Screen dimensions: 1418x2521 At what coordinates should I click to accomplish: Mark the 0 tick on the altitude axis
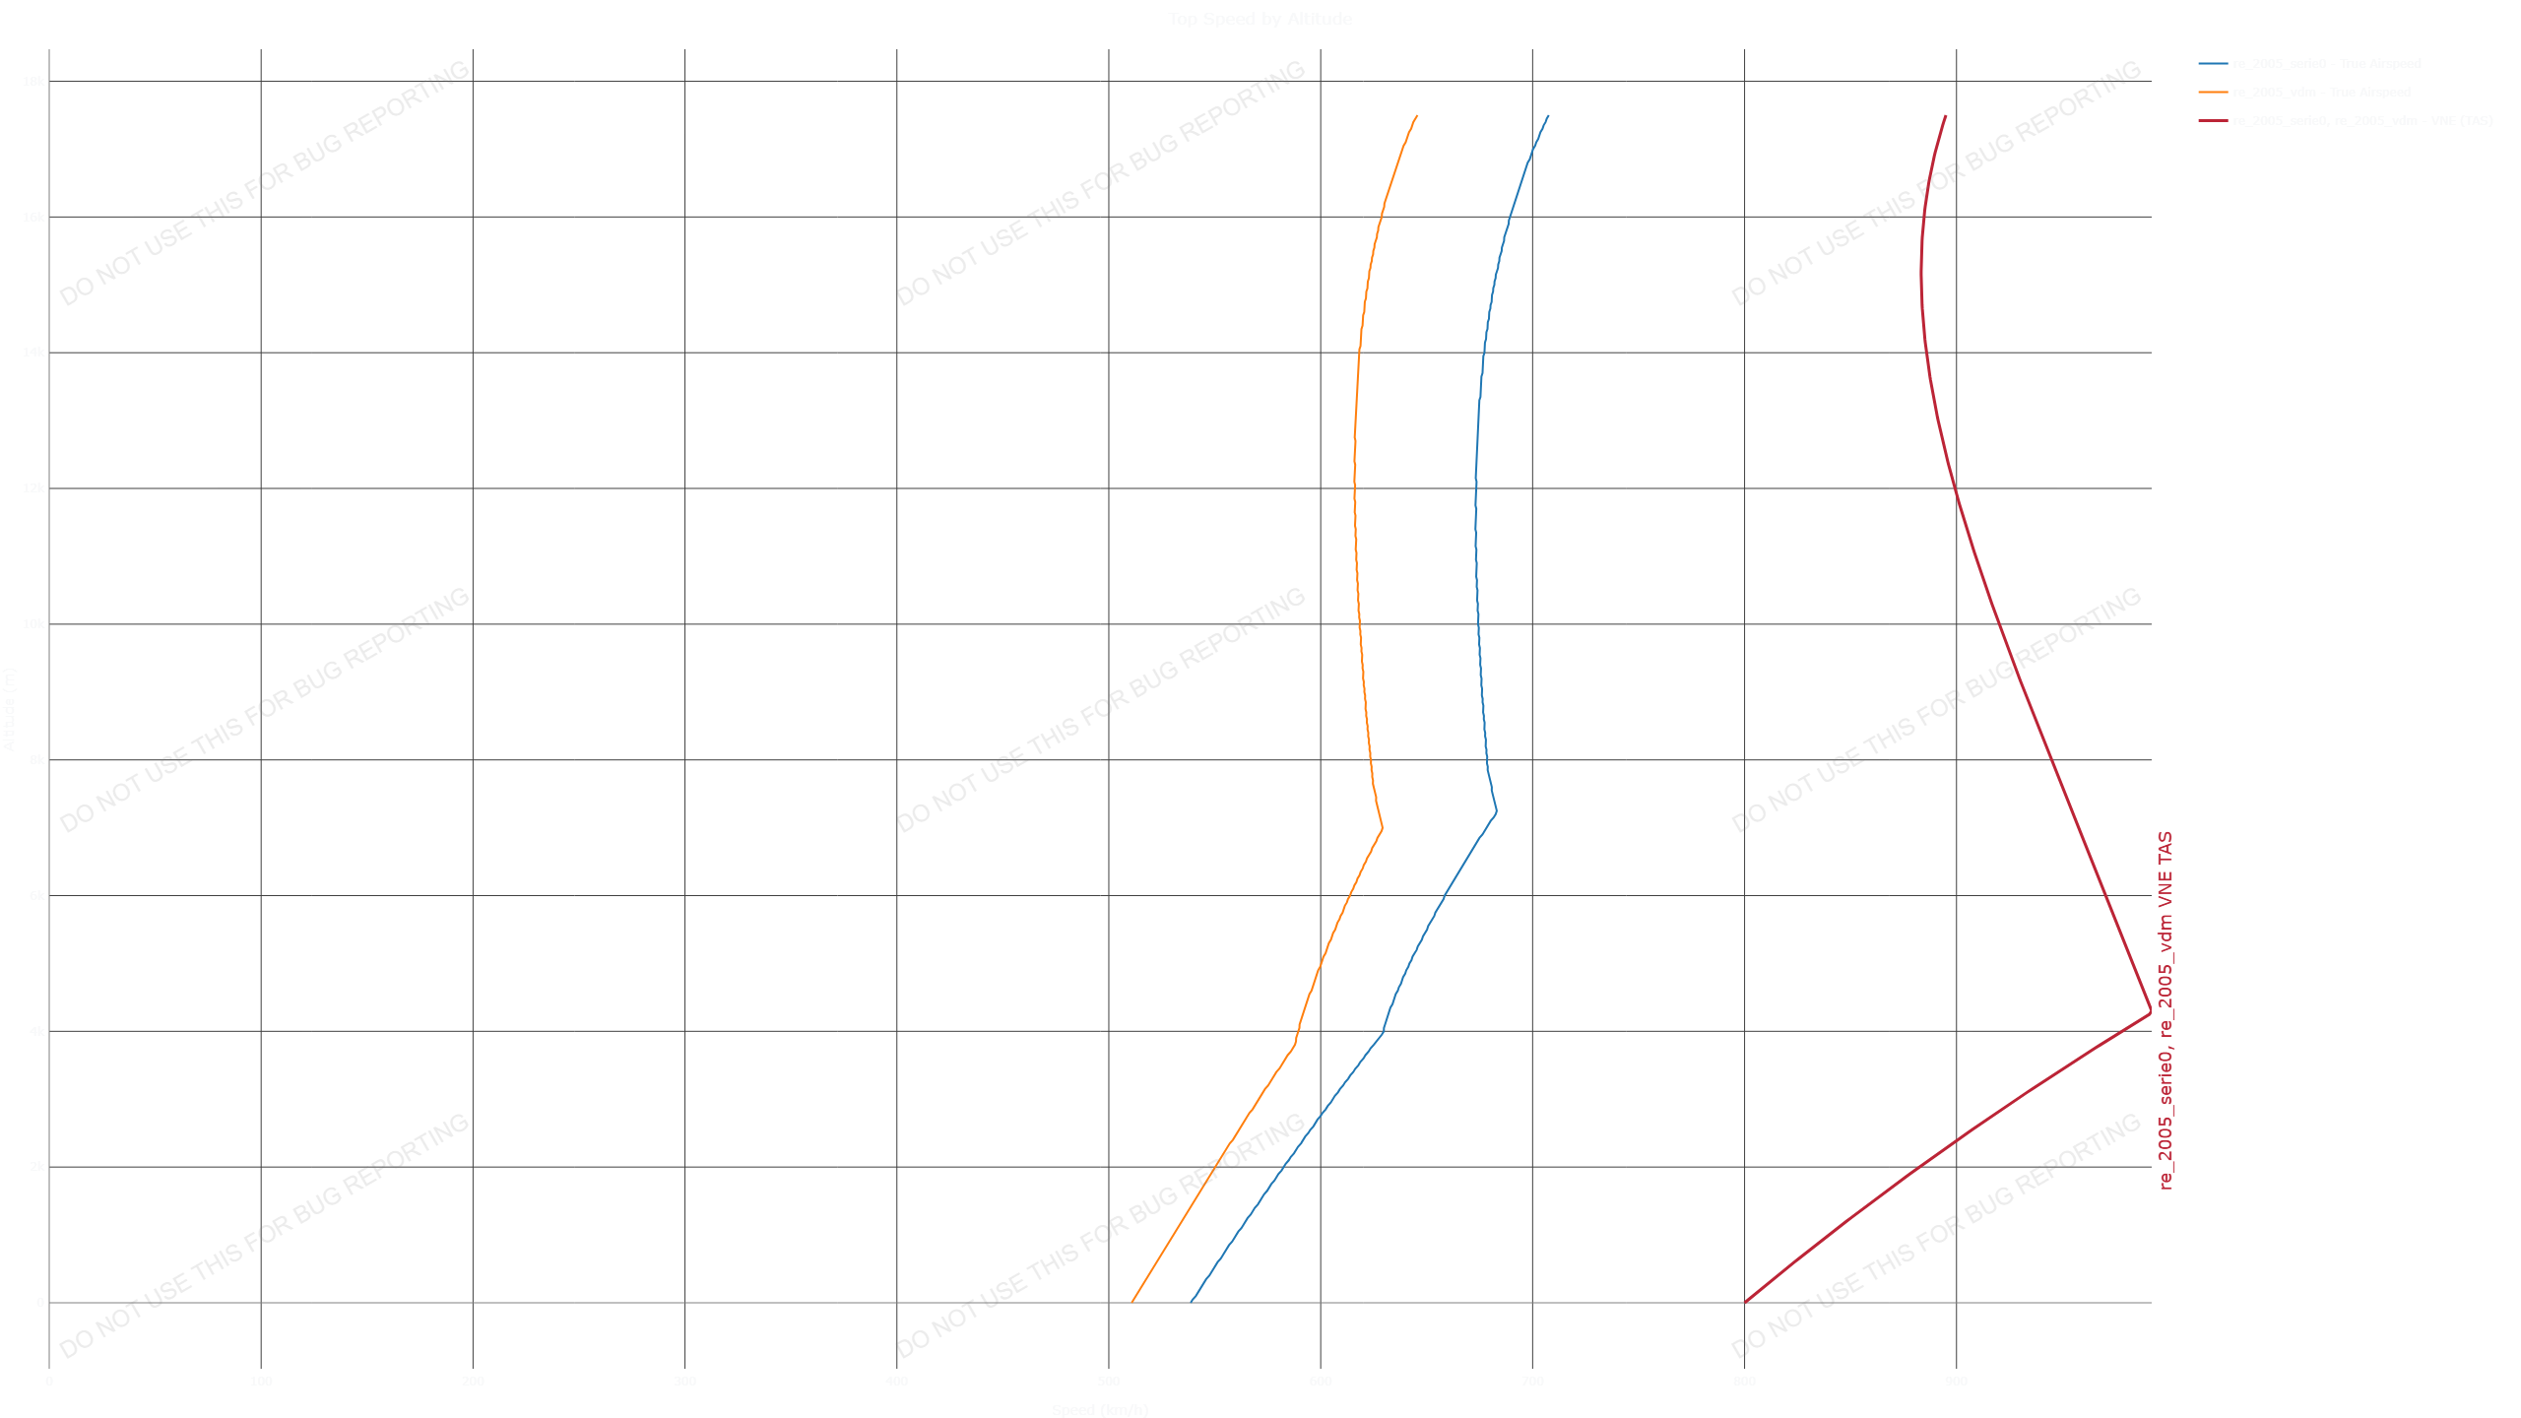pyautogui.click(x=40, y=1303)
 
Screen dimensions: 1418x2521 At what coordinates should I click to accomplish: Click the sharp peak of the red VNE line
pyautogui.click(x=2151, y=1012)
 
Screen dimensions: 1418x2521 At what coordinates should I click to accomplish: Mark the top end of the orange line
pyautogui.click(x=1417, y=115)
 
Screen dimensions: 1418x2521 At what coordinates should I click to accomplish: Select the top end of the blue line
pyautogui.click(x=1548, y=115)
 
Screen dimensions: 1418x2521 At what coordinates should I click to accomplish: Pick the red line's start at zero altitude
pyautogui.click(x=1745, y=1302)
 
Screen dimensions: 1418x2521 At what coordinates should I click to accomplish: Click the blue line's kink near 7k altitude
pyautogui.click(x=1497, y=812)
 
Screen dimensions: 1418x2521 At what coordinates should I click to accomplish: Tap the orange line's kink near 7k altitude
pyautogui.click(x=1383, y=827)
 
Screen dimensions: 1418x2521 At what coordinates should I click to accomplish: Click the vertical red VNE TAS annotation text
pyautogui.click(x=2165, y=1009)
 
